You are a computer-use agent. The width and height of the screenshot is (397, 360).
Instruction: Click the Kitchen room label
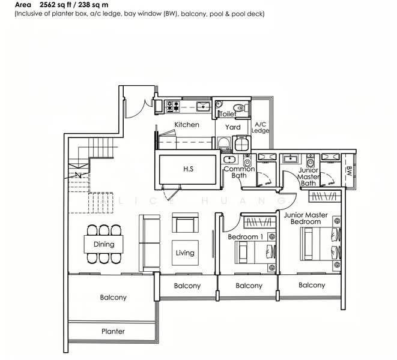pos(187,124)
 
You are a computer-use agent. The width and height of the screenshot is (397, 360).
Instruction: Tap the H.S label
pos(189,169)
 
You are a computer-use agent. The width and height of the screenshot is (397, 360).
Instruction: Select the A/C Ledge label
pos(260,128)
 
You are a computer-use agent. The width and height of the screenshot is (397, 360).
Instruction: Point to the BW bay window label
pos(348,171)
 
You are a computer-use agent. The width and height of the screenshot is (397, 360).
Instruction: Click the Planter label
pos(113,331)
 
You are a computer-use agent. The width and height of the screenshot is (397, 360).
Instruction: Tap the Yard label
pos(232,127)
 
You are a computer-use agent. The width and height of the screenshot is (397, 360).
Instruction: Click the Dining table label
pos(104,244)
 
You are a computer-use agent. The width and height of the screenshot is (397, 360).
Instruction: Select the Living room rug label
pos(185,253)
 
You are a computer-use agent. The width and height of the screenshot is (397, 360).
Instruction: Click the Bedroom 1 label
pos(245,237)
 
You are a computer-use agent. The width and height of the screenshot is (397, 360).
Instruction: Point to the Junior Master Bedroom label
pos(306,218)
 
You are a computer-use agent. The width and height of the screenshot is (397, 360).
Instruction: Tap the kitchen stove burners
pos(173,106)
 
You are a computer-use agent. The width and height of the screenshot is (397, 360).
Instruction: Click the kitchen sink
pos(204,107)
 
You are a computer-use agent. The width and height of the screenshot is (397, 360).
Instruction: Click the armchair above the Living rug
pos(185,223)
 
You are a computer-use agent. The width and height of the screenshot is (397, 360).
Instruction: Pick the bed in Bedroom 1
pos(255,252)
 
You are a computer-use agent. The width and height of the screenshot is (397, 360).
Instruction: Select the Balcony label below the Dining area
pos(113,297)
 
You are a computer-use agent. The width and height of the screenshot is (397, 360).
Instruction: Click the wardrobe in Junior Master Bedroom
pos(325,196)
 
